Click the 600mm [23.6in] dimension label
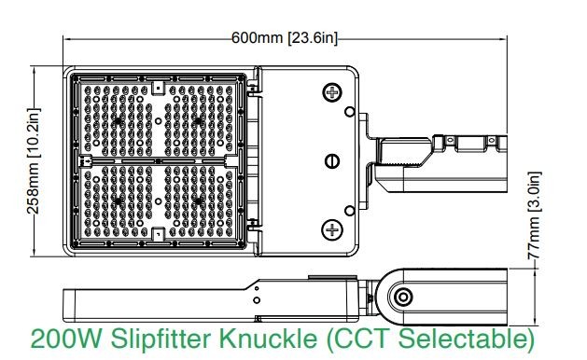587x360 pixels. [285, 38]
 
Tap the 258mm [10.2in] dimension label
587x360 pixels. [34, 161]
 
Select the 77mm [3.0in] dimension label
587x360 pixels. [534, 215]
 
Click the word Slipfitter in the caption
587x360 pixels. [162, 339]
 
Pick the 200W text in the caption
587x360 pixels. [66, 339]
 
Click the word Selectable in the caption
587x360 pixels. [466, 339]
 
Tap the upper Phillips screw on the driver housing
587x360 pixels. [332, 92]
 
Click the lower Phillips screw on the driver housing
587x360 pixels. [332, 229]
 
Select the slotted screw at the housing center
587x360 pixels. [332, 161]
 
